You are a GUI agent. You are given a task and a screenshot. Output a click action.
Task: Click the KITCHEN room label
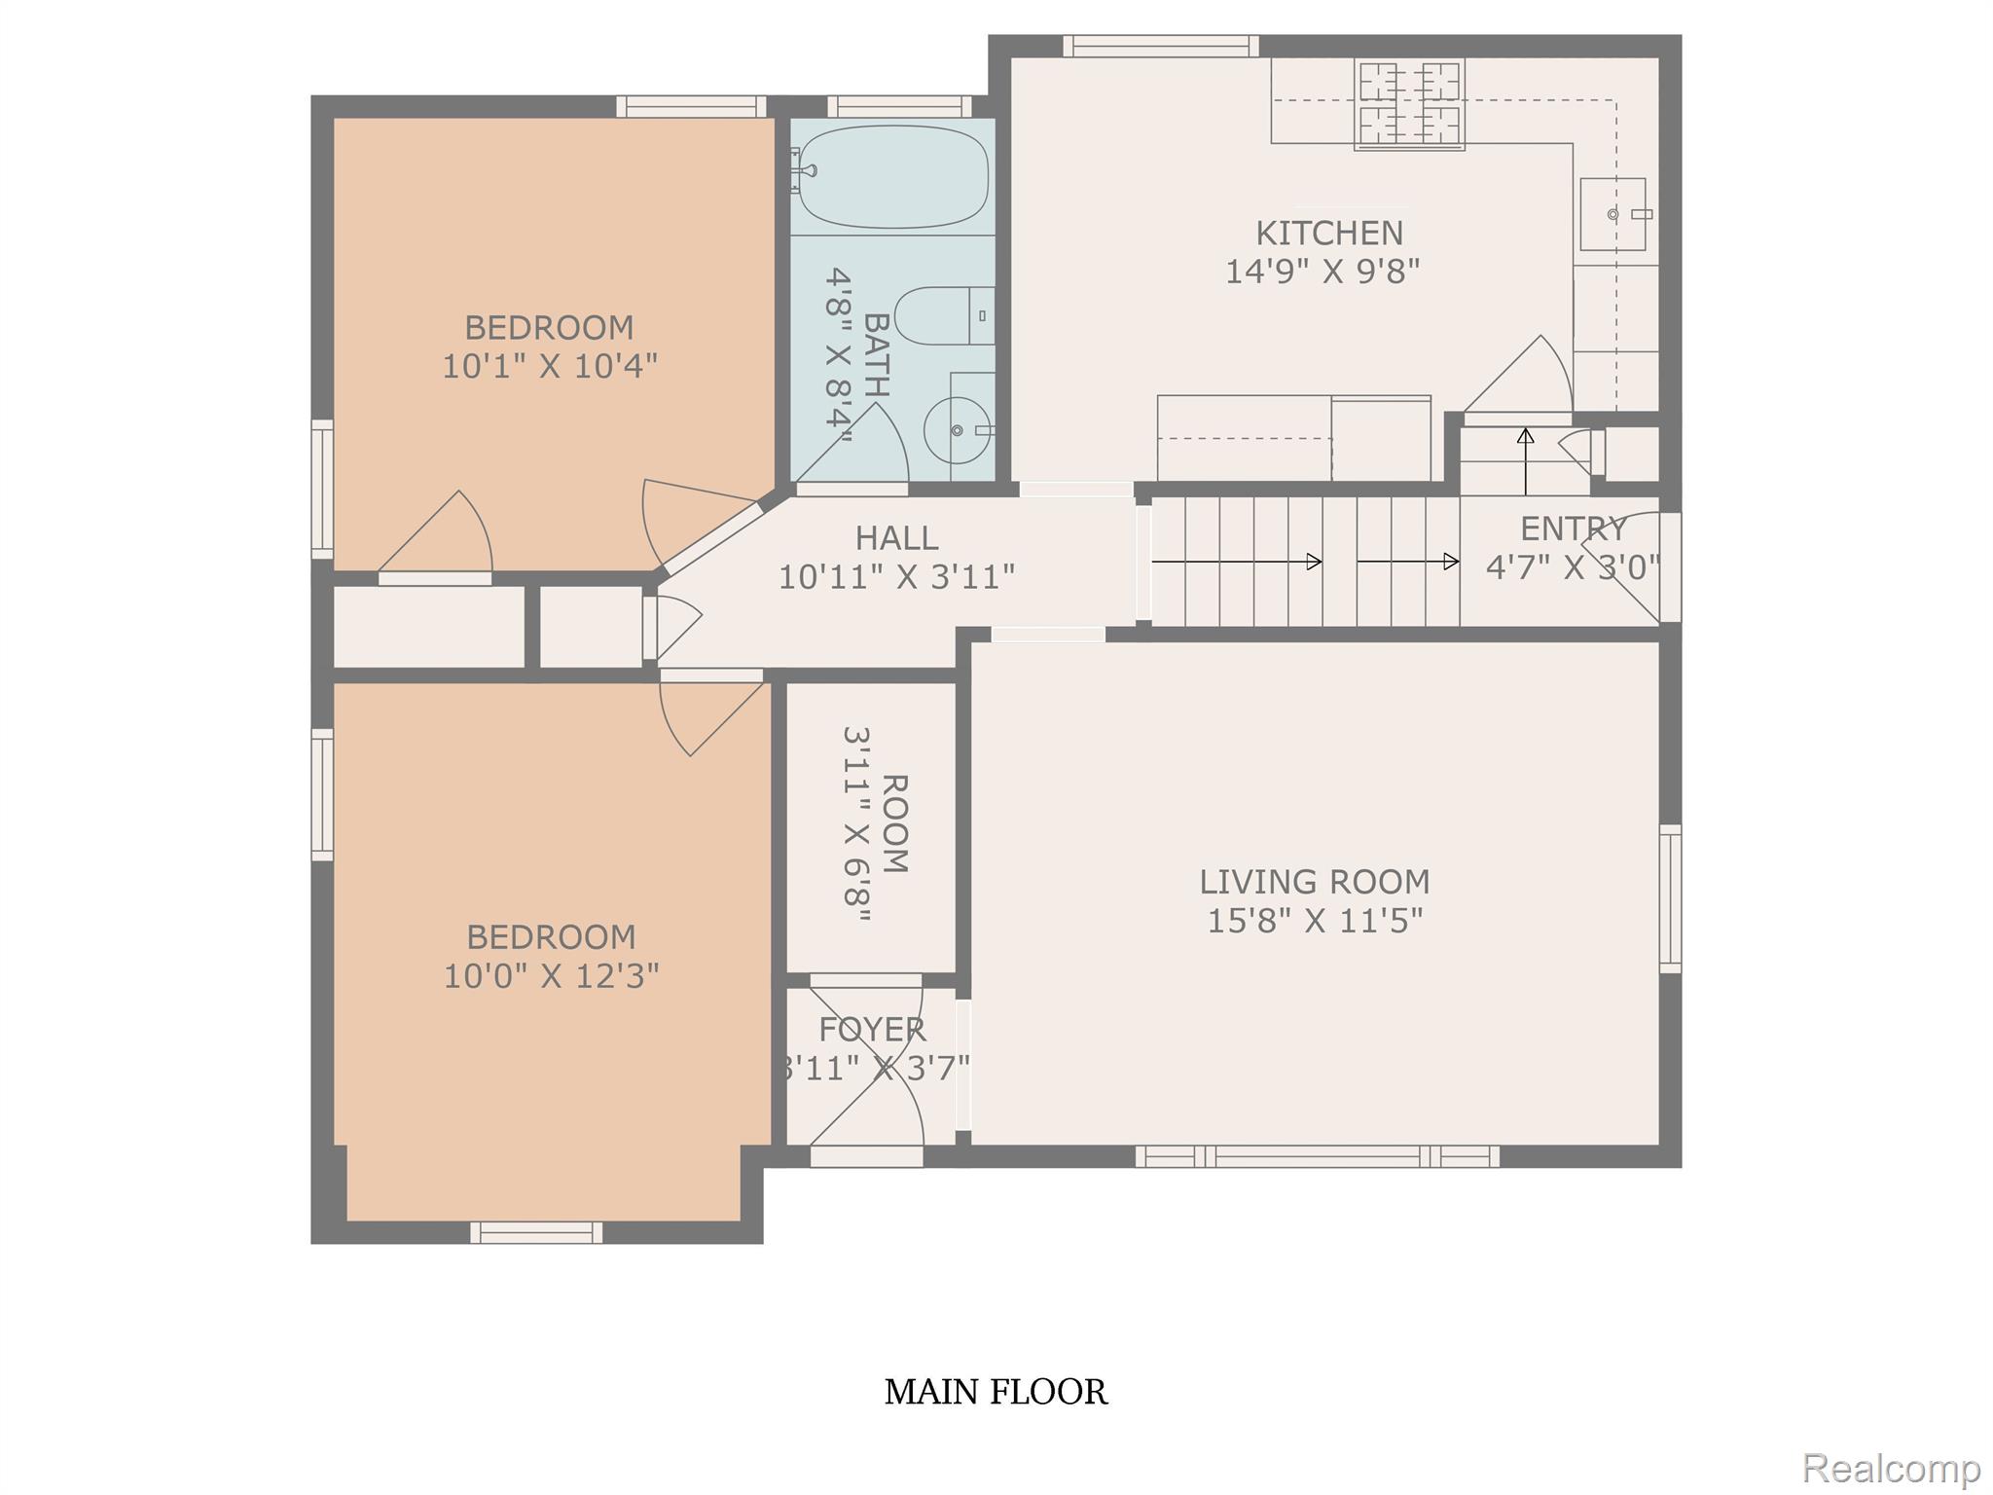tap(1329, 234)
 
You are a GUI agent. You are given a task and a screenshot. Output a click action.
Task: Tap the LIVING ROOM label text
tap(1315, 882)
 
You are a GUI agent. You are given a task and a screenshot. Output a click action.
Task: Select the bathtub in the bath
tap(892, 176)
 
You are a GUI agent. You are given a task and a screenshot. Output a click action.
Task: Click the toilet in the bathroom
tap(944, 316)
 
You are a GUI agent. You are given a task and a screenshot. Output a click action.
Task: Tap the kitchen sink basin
tap(1613, 214)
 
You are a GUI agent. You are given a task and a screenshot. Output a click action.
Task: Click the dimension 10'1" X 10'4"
tap(550, 367)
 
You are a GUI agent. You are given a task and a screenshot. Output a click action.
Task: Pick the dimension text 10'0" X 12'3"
tap(552, 976)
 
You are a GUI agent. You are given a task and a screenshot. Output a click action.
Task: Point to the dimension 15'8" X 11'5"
tap(1315, 921)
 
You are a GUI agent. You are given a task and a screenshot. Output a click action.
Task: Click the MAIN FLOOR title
tap(996, 1392)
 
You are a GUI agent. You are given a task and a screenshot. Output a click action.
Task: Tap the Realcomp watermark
tap(1892, 1467)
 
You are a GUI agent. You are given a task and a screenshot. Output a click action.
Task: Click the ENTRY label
tap(1574, 529)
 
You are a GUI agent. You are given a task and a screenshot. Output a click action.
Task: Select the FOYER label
tap(872, 1030)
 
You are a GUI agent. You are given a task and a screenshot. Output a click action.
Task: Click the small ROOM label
tap(894, 823)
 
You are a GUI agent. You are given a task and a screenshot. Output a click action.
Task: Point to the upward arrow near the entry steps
tap(1525, 461)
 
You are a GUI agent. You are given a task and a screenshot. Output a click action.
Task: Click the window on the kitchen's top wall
tap(1160, 46)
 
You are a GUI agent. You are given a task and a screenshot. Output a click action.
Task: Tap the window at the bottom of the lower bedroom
tap(536, 1232)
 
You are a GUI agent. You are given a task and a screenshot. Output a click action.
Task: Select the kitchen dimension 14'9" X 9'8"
tap(1322, 272)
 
